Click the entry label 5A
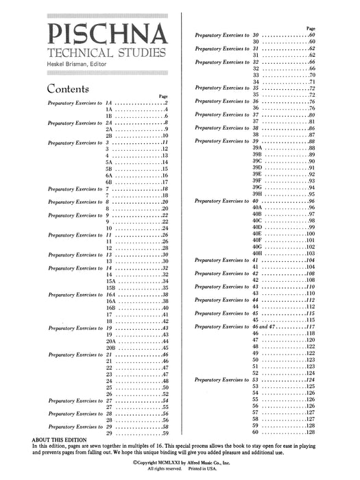[x=109, y=160]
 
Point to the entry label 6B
[x=109, y=182]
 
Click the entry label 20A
[x=110, y=340]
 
